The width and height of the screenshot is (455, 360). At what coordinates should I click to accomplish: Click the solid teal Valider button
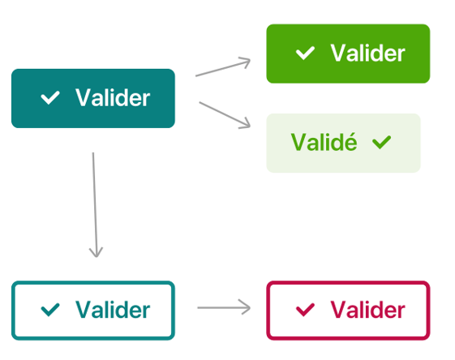point(93,98)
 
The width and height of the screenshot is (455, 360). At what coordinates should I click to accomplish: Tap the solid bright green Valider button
point(348,54)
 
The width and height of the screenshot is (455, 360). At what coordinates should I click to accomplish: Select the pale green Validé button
point(344,143)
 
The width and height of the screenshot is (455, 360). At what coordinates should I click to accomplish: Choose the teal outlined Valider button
point(93,310)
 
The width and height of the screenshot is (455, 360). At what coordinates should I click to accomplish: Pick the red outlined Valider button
point(348,310)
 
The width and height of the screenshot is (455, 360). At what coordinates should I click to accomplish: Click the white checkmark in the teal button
point(50,98)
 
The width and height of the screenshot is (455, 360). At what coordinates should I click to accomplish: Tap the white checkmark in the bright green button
point(305,53)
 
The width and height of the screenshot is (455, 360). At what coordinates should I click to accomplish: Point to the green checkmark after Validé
point(381,143)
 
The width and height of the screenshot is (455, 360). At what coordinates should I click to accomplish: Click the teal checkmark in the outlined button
point(50,310)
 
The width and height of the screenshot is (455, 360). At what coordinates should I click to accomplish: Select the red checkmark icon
point(305,310)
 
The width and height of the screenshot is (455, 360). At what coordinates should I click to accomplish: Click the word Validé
point(324,142)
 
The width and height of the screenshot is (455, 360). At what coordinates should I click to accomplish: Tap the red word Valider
point(367,310)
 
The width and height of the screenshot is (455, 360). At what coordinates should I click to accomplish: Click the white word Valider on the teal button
point(113,98)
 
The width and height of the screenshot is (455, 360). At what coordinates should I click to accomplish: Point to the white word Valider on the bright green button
point(367,53)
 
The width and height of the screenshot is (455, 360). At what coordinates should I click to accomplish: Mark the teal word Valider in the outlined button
point(113,310)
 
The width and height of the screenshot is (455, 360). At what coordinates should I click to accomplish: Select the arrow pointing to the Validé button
point(225,114)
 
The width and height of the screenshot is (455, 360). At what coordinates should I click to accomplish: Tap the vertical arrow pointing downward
point(95,205)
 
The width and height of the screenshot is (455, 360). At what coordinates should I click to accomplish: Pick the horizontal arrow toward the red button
point(224,307)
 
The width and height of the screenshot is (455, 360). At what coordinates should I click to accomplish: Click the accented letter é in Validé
point(350,142)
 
